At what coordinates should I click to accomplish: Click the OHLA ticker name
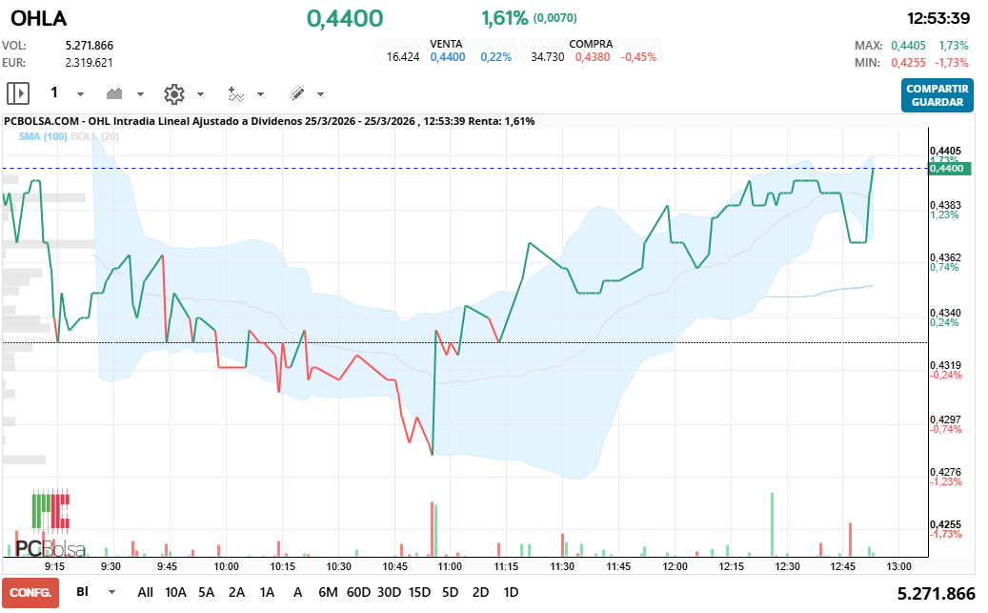tap(38, 18)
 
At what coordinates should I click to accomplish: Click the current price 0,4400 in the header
tap(345, 18)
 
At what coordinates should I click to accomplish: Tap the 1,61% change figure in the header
tap(504, 18)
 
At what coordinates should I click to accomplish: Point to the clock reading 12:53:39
tap(938, 18)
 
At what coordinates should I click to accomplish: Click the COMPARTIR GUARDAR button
tap(938, 95)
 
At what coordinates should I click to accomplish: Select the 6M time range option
tap(328, 592)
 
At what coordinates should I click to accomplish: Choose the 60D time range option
tap(358, 592)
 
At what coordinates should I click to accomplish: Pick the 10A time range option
tap(175, 592)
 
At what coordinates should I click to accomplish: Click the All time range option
tap(145, 592)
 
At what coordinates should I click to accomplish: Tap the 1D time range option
tap(511, 592)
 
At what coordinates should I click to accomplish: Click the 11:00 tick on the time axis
tap(450, 566)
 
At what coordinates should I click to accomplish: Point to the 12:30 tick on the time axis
tap(787, 566)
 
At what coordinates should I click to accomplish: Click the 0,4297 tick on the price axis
tap(944, 419)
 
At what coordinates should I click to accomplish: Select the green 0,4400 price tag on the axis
tap(948, 169)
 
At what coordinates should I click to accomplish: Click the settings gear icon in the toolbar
tap(173, 93)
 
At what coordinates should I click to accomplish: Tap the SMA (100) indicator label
tap(43, 137)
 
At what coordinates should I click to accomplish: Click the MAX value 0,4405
tap(908, 45)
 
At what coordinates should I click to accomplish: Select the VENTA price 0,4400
tap(448, 57)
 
